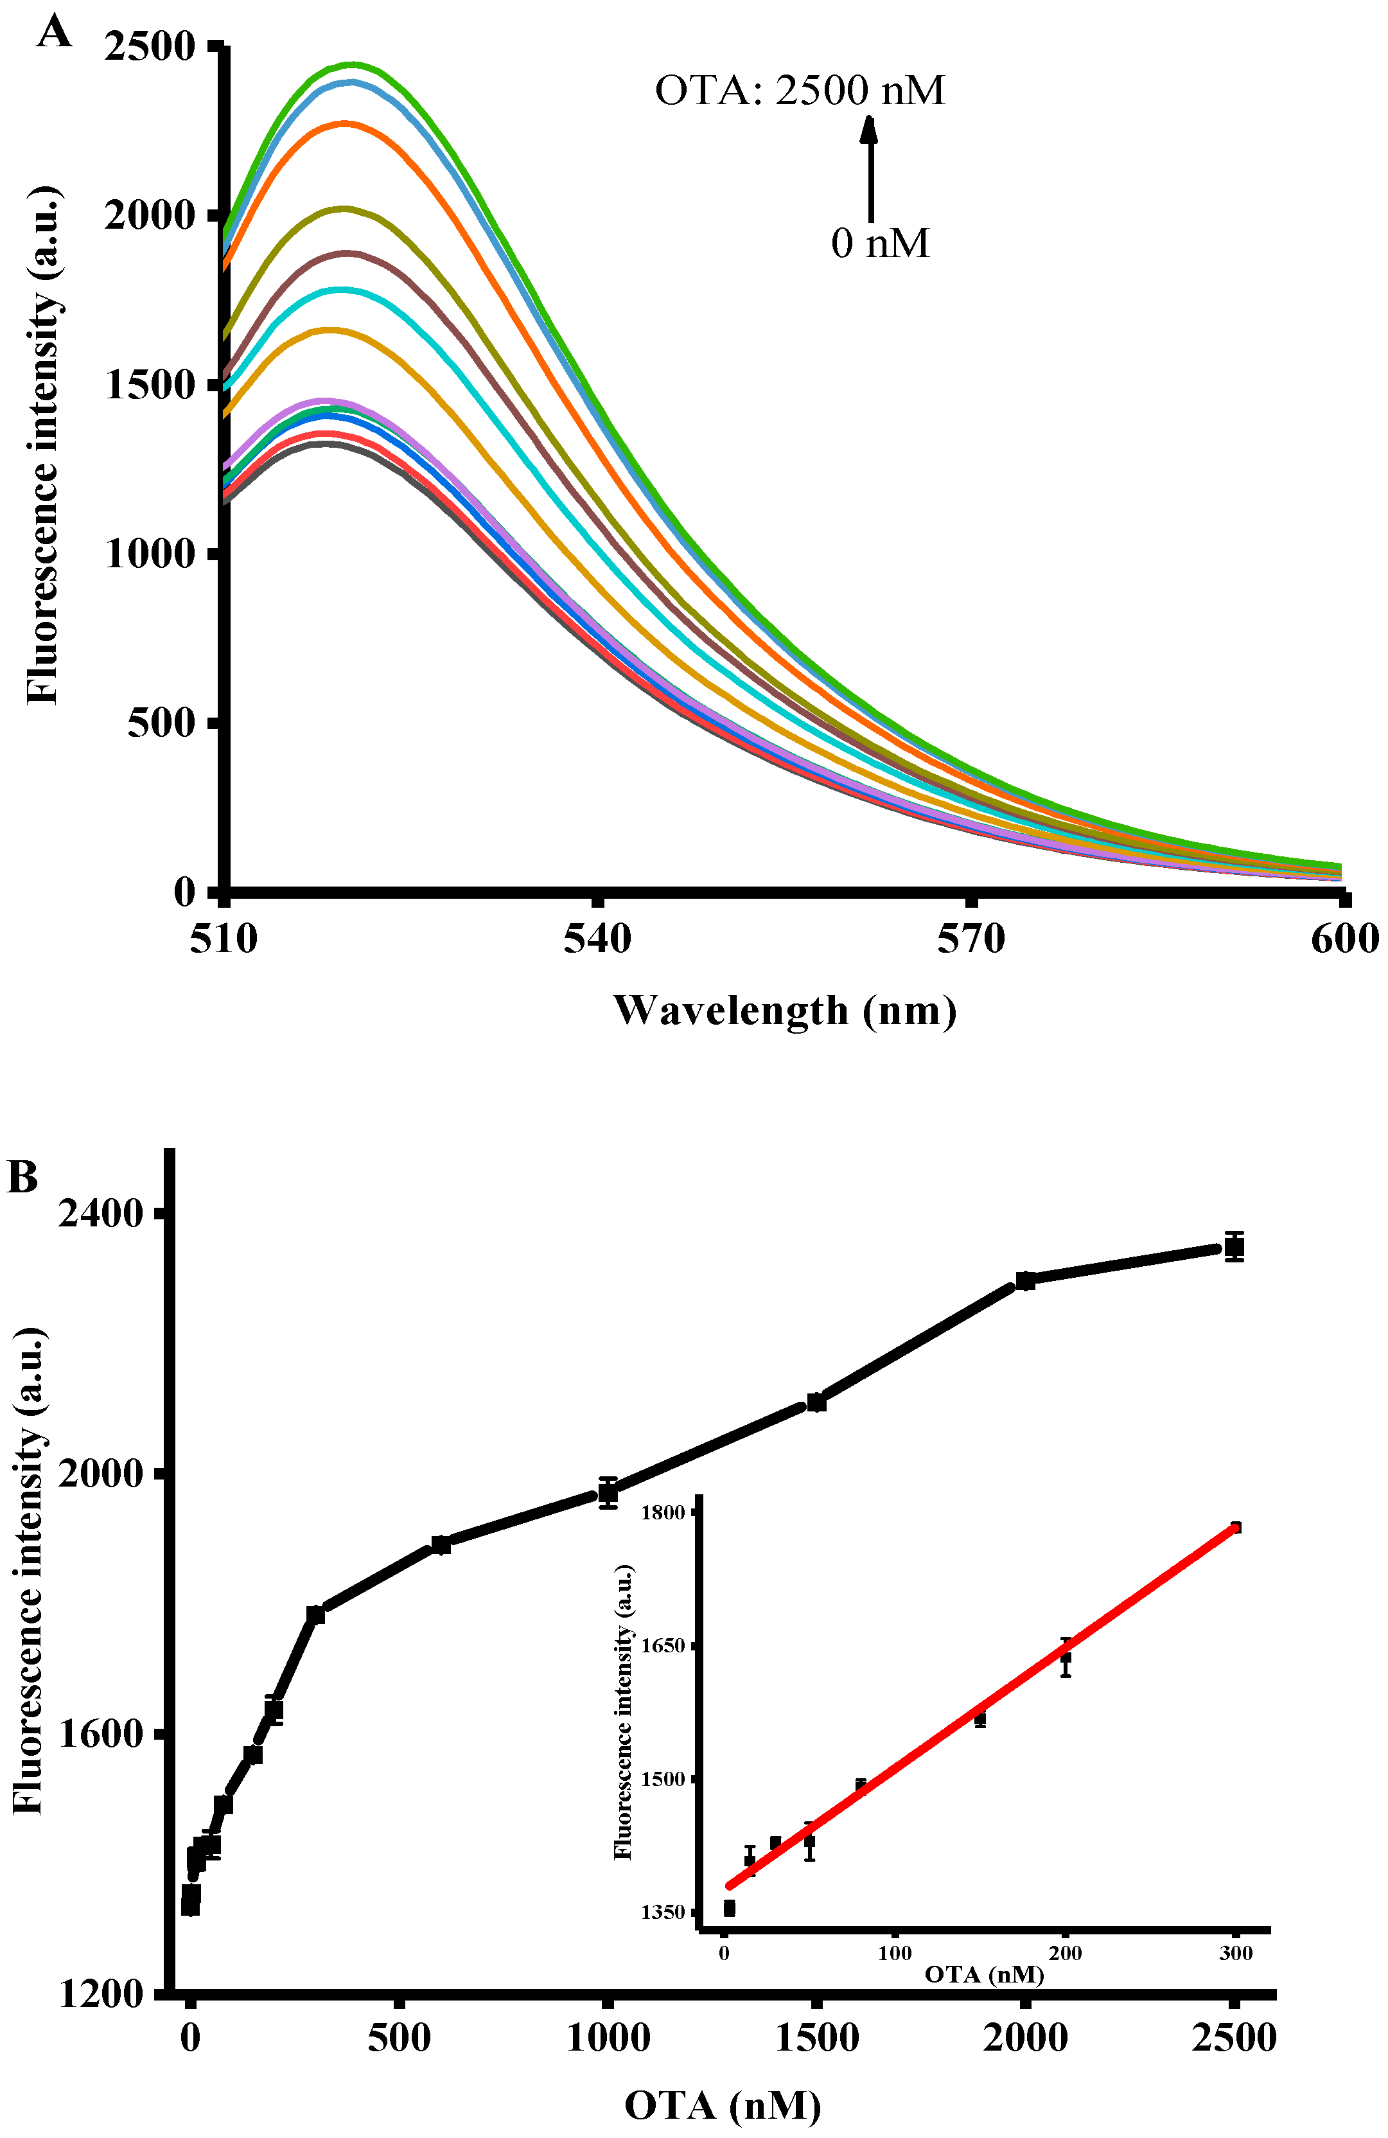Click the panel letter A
(x=54, y=33)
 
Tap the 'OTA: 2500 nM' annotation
(x=800, y=91)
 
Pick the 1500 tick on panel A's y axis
(x=149, y=384)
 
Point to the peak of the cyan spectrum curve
(x=340, y=289)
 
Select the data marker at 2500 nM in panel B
(x=1234, y=1247)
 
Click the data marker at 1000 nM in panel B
(x=608, y=1493)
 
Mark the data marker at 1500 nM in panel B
(x=816, y=1401)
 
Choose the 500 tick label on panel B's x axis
(x=399, y=2037)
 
